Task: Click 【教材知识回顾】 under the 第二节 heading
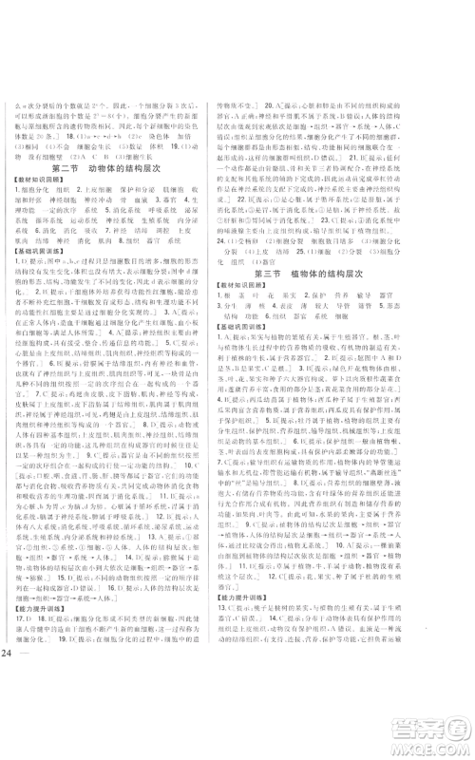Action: (x=47, y=182)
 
